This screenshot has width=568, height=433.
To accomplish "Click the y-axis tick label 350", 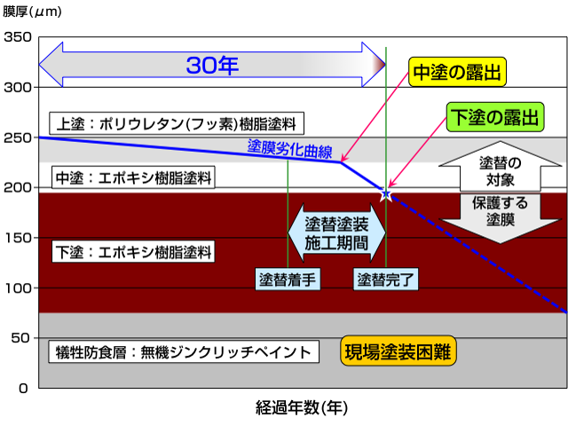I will tap(18, 37).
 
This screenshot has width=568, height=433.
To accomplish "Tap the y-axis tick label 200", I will tap(18, 188).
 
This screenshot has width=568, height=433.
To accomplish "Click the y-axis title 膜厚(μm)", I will tap(33, 12).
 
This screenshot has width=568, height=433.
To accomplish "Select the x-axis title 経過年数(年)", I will tap(301, 408).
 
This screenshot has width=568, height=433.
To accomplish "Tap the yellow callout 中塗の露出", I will tap(459, 72).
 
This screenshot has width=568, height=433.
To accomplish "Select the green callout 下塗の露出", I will tap(494, 116).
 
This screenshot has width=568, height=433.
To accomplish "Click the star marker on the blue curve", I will tap(386, 193).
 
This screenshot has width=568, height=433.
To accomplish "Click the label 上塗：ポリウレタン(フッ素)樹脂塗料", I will tap(177, 122).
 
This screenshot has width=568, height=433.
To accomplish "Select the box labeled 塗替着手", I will tap(287, 278).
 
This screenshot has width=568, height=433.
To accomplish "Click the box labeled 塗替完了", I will tap(386, 278).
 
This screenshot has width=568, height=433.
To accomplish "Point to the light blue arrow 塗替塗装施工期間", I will tap(337, 233).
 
